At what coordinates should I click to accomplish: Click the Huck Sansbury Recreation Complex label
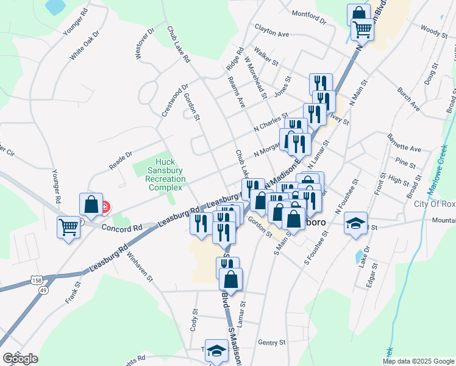click(164, 174)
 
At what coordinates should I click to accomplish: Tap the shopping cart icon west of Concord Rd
click(69, 227)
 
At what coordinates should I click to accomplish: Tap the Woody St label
click(434, 29)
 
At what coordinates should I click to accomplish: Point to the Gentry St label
click(272, 343)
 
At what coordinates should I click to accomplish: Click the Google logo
click(20, 358)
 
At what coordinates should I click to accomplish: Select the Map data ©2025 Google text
click(418, 361)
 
